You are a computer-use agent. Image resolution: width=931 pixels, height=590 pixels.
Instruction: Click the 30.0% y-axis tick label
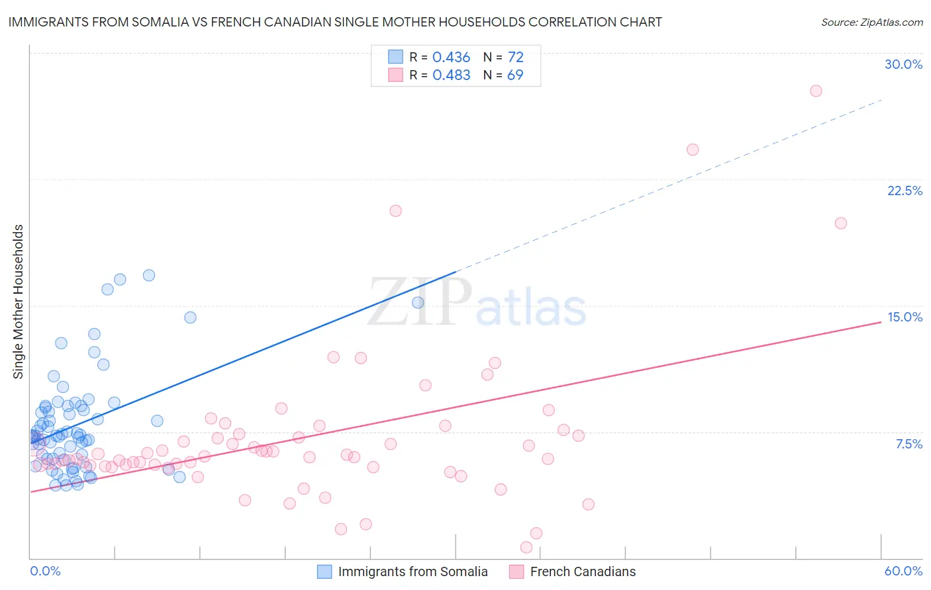(903, 64)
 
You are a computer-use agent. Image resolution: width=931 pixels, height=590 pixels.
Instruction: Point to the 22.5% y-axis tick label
(905, 190)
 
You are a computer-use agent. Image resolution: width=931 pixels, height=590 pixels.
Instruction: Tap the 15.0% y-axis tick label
(905, 317)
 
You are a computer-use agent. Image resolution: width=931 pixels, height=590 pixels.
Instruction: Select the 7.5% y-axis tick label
(908, 444)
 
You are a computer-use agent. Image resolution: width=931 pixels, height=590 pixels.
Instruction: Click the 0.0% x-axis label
(45, 571)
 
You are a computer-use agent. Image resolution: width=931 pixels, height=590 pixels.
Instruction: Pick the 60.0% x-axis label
(903, 571)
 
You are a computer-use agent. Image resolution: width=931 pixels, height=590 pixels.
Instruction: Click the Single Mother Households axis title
(19, 302)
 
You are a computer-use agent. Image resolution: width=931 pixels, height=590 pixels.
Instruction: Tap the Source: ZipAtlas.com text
(871, 22)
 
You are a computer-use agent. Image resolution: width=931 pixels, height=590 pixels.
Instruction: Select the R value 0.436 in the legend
(451, 58)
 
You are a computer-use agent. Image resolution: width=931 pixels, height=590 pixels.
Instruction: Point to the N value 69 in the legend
(515, 75)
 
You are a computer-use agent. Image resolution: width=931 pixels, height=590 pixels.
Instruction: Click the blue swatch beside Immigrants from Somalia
(324, 571)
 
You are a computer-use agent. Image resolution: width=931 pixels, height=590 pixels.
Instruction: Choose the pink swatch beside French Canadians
(516, 571)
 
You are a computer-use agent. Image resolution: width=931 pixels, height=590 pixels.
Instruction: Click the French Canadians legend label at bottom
(583, 571)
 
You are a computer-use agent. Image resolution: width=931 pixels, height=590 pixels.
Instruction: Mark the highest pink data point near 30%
(816, 91)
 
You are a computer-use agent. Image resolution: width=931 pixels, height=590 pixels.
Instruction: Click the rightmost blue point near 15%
(418, 302)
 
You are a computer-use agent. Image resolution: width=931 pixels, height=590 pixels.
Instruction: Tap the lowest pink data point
(526, 547)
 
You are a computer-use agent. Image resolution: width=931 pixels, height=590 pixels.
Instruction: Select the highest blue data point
(149, 275)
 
